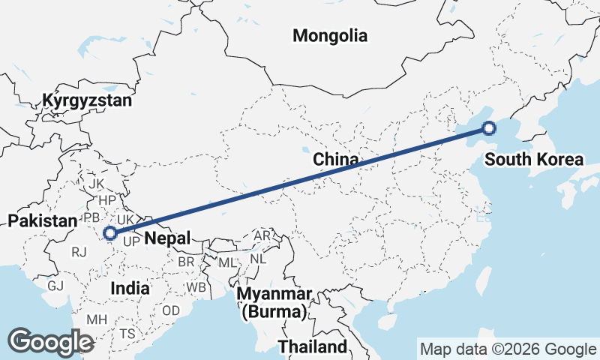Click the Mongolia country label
(x=330, y=35)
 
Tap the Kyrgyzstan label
(x=87, y=100)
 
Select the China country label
(x=335, y=159)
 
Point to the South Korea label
(x=533, y=159)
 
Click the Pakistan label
(x=43, y=220)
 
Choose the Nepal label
(x=166, y=238)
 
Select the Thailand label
(x=313, y=346)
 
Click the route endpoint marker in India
(x=110, y=233)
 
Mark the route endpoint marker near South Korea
(x=488, y=128)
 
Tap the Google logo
(x=51, y=341)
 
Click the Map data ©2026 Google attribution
(x=508, y=349)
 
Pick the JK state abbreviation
(x=96, y=184)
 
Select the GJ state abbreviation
(x=55, y=286)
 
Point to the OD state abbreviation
(x=171, y=310)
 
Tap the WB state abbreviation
(x=196, y=287)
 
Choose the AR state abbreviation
(x=262, y=235)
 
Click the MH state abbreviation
(x=96, y=319)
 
